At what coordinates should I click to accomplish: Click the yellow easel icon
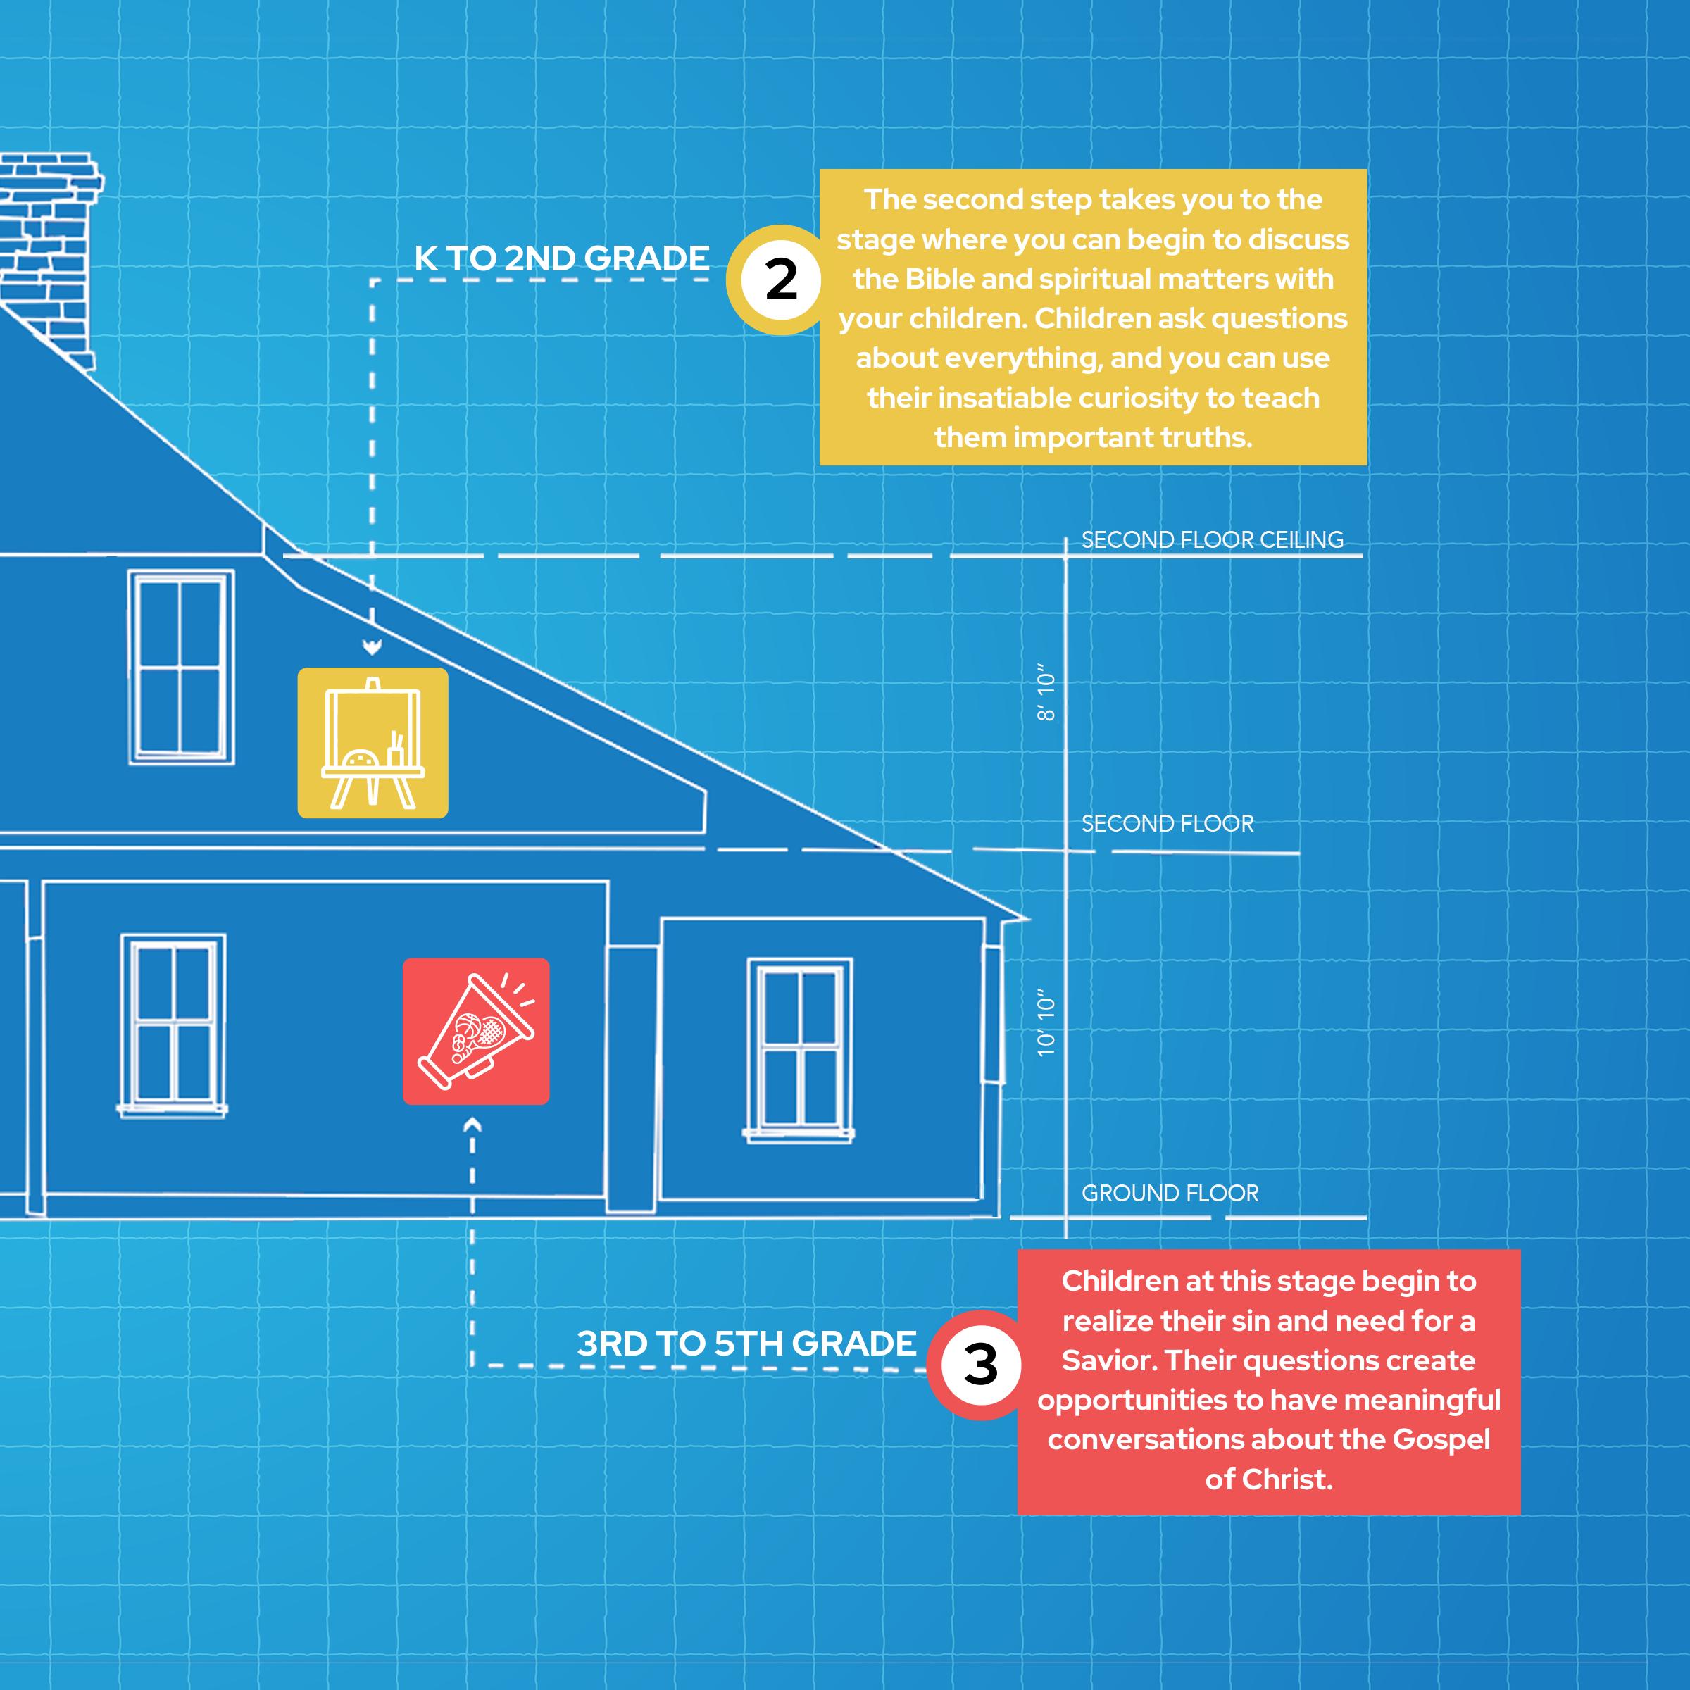click(x=373, y=743)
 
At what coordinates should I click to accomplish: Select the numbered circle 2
click(x=781, y=280)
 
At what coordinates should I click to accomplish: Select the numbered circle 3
click(x=981, y=1364)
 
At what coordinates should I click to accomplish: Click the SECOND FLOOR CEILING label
click(x=1213, y=539)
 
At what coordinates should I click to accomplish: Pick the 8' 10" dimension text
click(x=1046, y=696)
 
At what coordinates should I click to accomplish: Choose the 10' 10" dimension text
click(x=1046, y=1023)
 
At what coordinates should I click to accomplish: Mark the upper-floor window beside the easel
click(x=181, y=667)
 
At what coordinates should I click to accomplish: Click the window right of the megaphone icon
click(x=799, y=1050)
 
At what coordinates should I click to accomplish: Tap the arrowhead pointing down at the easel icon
click(x=373, y=647)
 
